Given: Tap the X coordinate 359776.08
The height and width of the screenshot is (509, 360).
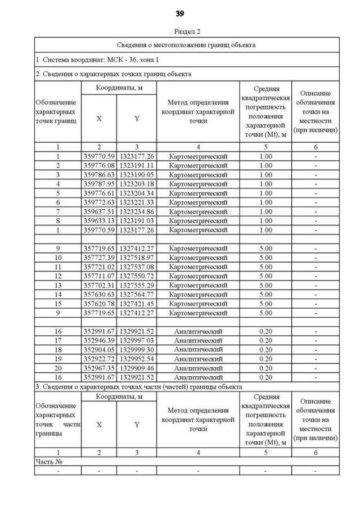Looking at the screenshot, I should coord(98,165).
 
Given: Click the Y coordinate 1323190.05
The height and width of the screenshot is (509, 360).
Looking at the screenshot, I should coord(136,174).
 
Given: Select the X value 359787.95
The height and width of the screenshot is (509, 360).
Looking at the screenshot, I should coord(98,183).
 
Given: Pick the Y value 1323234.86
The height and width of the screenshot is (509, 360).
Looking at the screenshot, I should coord(136,211).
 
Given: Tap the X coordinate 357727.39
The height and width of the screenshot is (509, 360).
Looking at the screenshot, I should coord(98,258).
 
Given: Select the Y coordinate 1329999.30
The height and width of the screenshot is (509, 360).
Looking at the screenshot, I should coord(136,349).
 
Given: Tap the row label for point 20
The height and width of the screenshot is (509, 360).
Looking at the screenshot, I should coord(58,368).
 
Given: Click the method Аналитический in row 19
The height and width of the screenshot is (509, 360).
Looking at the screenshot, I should coord(198,358).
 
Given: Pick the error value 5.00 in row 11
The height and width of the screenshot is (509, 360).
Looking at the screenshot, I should coord(265,267).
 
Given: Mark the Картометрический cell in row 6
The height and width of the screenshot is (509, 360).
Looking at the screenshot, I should coord(198,202).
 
